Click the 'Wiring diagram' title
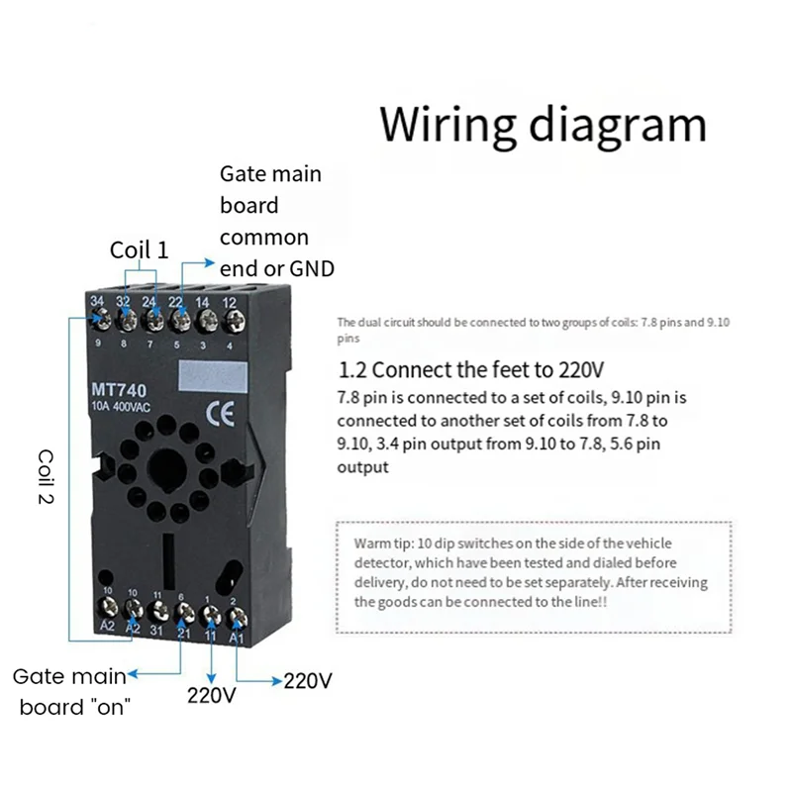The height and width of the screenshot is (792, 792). tap(544, 126)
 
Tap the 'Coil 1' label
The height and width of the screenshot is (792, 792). tap(139, 249)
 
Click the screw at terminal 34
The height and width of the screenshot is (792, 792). tap(100, 320)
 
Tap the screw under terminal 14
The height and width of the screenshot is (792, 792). tap(205, 320)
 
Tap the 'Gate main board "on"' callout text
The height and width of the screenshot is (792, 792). tap(69, 692)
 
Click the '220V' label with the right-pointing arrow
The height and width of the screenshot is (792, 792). tap(308, 681)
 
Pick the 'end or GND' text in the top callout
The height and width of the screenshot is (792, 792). tap(277, 269)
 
